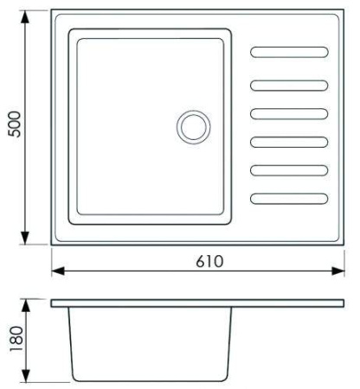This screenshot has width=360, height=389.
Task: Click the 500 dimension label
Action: pyautogui.click(x=15, y=124)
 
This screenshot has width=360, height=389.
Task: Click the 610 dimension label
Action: pyautogui.click(x=209, y=261)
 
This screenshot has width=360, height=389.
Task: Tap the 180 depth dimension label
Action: pyautogui.click(x=16, y=339)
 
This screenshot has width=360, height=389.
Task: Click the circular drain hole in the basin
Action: pyautogui.click(x=193, y=127)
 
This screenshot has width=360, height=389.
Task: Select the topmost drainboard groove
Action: pyautogui.click(x=289, y=52)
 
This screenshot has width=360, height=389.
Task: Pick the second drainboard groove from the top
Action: pyautogui.click(x=289, y=86)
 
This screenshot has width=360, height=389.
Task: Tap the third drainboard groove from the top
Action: pyautogui.click(x=289, y=114)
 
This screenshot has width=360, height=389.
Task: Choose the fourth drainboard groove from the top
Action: pyautogui.click(x=289, y=142)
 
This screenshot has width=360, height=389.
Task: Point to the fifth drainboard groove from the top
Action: pyautogui.click(x=289, y=170)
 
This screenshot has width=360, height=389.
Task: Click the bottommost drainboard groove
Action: pyautogui.click(x=289, y=199)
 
